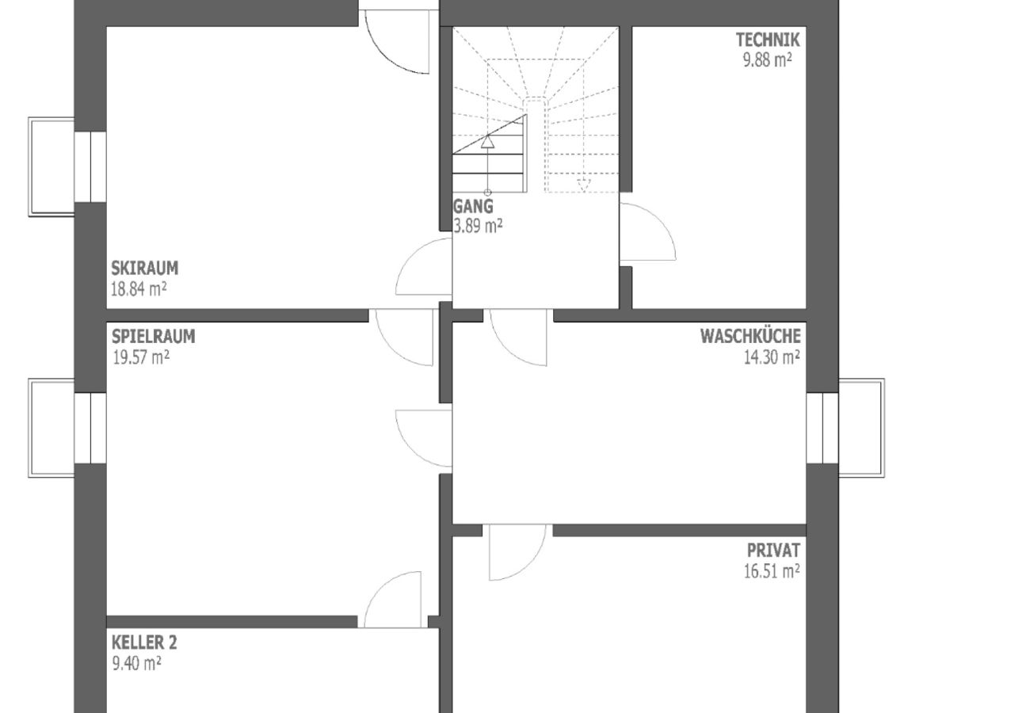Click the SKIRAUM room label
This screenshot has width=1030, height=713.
pyautogui.click(x=144, y=269)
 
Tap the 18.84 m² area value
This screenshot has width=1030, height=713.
pyautogui.click(x=139, y=289)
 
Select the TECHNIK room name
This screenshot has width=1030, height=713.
pyautogui.click(x=768, y=40)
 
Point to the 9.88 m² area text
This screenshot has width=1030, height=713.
pyautogui.click(x=768, y=59)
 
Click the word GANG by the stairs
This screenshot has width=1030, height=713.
pyautogui.click(x=473, y=207)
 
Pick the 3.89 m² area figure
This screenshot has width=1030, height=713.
pyautogui.click(x=478, y=227)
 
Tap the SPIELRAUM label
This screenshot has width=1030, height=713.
pyautogui.click(x=153, y=337)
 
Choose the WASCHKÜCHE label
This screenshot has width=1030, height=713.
pyautogui.click(x=750, y=337)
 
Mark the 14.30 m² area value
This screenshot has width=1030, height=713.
pyautogui.click(x=771, y=357)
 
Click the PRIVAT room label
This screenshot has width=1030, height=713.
pyautogui.click(x=773, y=551)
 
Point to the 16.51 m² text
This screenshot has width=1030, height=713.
pyautogui.click(x=771, y=571)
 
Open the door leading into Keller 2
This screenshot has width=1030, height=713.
pyautogui.click(x=393, y=600)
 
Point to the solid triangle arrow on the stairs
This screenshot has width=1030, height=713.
pyautogui.click(x=488, y=143)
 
